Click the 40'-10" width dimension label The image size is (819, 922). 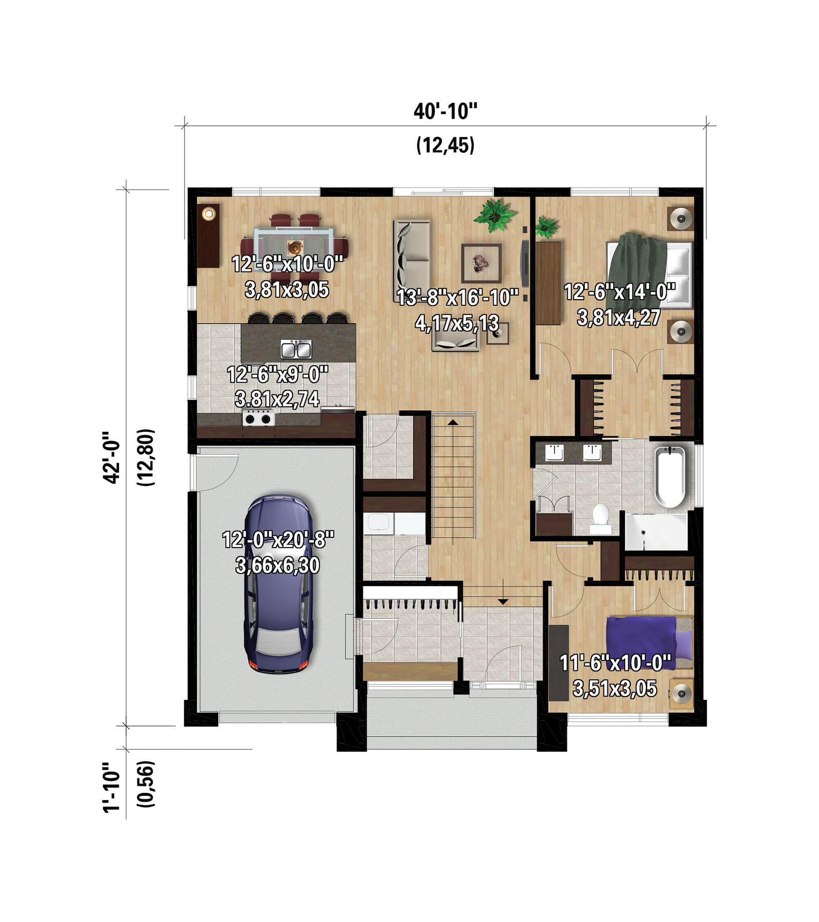click(x=445, y=111)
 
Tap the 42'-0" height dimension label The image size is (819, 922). click(x=111, y=457)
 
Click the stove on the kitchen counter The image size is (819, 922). click(x=258, y=417)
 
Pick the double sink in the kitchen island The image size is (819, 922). click(x=296, y=349)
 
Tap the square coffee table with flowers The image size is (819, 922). click(x=481, y=263)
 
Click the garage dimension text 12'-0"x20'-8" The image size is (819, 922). click(x=278, y=539)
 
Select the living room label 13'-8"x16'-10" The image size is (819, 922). click(x=457, y=297)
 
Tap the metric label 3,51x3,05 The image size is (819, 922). click(x=615, y=688)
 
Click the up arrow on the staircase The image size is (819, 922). click(x=453, y=423)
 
